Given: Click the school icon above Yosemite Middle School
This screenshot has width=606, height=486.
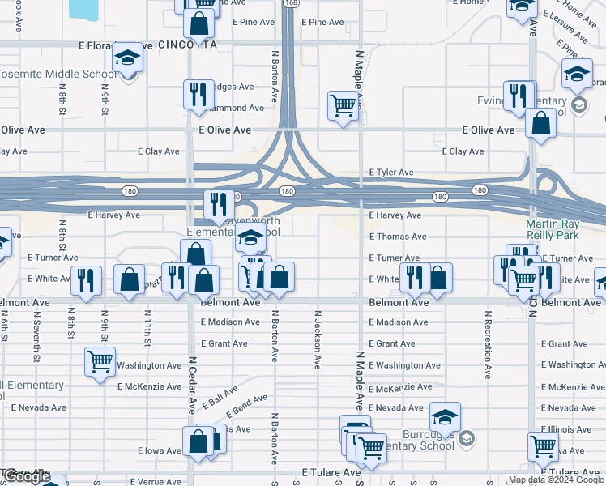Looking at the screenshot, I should click(x=127, y=58).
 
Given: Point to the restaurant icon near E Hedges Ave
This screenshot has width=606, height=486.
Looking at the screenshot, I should click(x=198, y=94).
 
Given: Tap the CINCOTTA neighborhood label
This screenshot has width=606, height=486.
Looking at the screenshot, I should click(x=188, y=45).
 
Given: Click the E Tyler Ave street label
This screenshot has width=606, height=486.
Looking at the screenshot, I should click(x=391, y=173).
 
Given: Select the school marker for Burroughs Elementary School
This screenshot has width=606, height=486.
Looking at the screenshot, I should click(x=445, y=416).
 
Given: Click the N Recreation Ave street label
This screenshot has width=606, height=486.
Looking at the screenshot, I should click(x=488, y=343).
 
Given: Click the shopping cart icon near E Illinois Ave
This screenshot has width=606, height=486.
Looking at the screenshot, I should click(x=543, y=445).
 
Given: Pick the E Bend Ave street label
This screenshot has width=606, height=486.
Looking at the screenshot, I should click(x=248, y=401).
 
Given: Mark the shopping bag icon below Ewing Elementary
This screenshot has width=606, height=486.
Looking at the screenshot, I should click(x=540, y=123).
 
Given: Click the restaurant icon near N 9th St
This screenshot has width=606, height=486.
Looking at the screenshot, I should click(x=86, y=279).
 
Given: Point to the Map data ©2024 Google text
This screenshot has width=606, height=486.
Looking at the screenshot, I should click(x=556, y=480).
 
